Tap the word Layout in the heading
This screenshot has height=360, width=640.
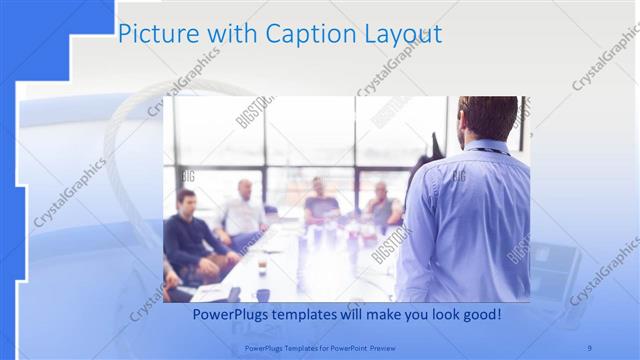399,34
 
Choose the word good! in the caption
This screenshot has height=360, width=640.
478,315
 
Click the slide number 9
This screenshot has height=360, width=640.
590,347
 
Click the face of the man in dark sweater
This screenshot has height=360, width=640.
185,201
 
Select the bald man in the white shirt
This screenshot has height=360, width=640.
243,210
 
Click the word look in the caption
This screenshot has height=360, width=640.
433,315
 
